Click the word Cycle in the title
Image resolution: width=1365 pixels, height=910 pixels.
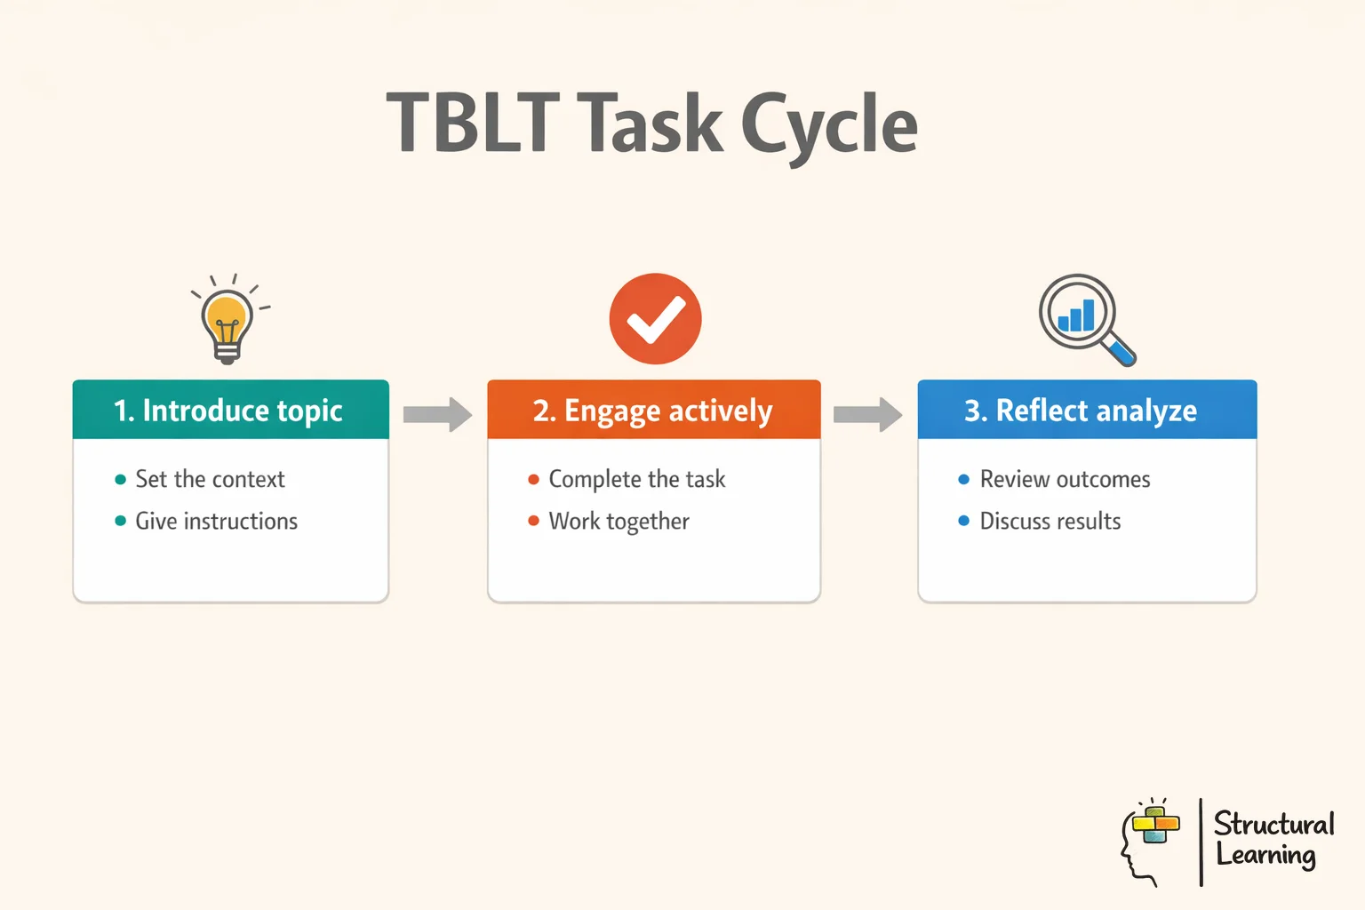tap(828, 126)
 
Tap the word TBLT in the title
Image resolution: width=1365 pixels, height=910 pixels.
tap(472, 124)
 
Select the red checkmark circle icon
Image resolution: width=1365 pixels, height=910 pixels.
tap(655, 319)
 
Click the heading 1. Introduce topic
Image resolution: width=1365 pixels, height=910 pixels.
tap(228, 411)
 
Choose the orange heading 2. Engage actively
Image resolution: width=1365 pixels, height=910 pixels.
tap(653, 411)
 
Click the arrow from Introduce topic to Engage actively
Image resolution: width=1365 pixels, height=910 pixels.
tap(437, 414)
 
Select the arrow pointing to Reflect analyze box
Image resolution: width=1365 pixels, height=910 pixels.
tap(867, 414)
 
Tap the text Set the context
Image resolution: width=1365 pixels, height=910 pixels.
tap(210, 480)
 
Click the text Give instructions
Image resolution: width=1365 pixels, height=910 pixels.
tap(216, 522)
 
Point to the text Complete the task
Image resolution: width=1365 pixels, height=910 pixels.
tap(636, 480)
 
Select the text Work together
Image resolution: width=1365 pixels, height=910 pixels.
tap(619, 522)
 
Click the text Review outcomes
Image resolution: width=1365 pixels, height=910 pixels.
tap(1065, 480)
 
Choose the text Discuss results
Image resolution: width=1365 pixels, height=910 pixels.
tap(1050, 522)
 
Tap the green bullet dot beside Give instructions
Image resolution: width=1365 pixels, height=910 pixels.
tap(121, 521)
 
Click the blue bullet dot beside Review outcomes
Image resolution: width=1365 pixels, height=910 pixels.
tap(963, 480)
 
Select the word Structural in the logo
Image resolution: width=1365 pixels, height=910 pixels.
tap(1273, 824)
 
